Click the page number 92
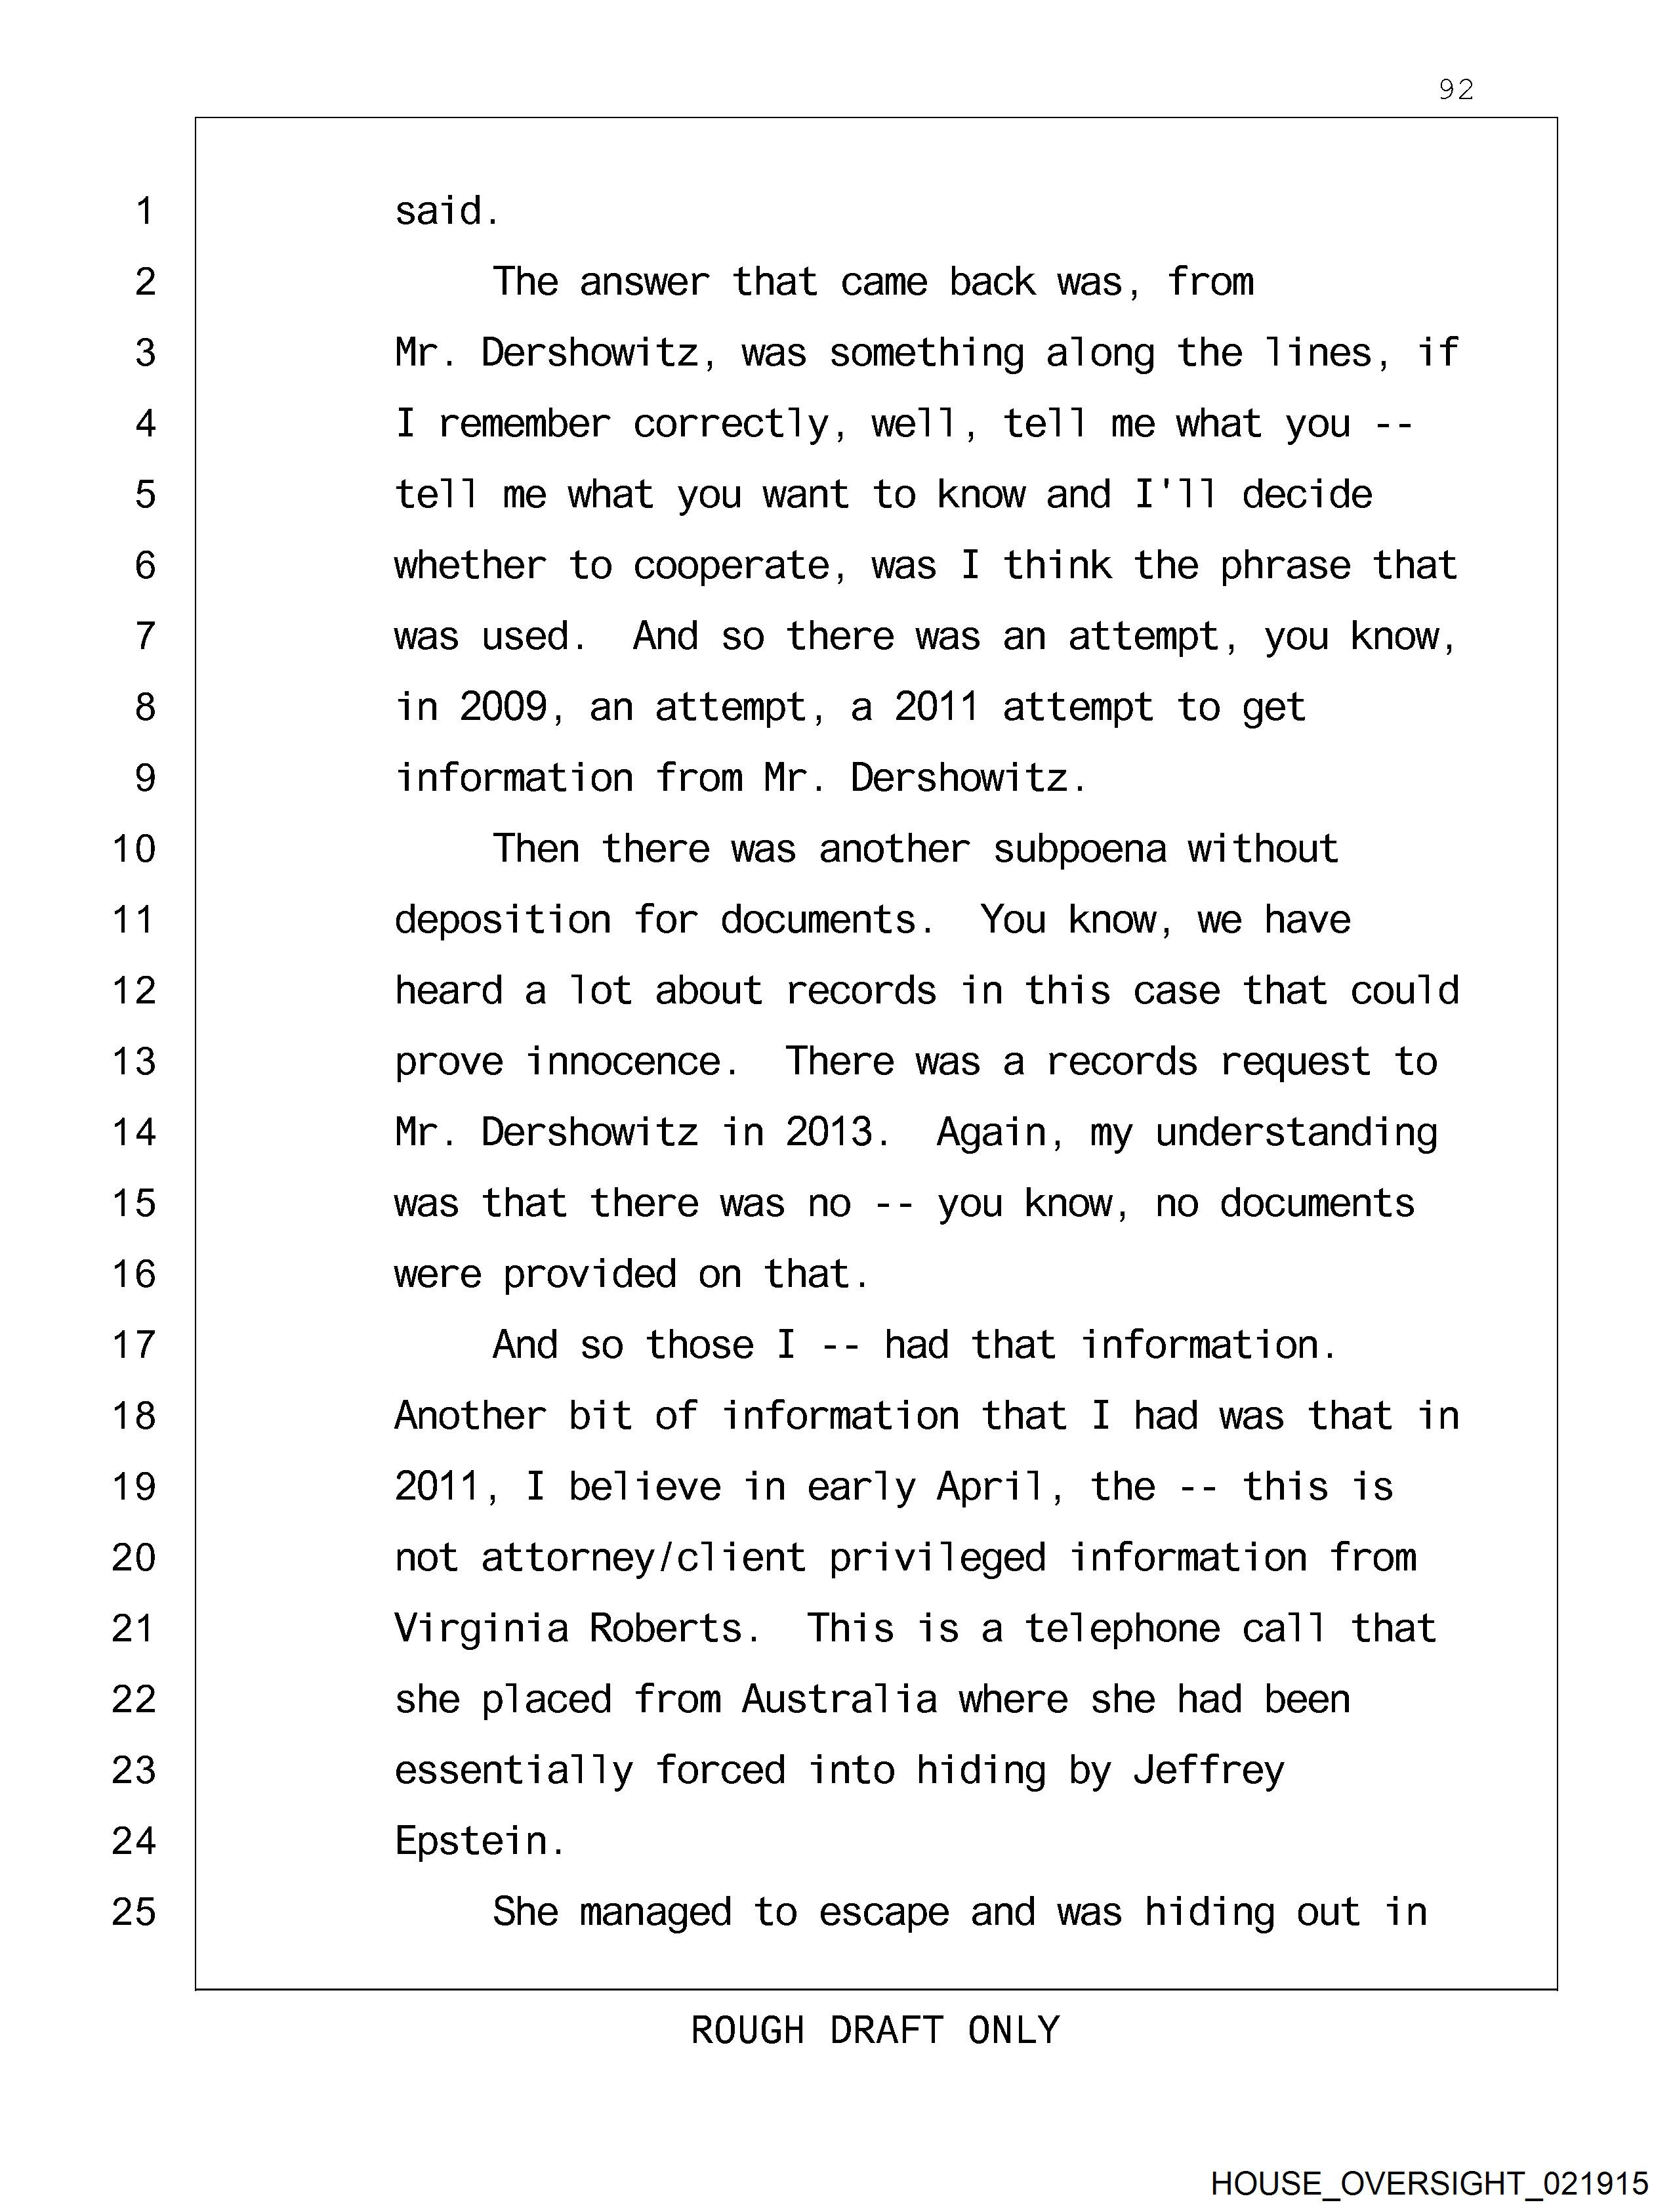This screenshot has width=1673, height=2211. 1455,90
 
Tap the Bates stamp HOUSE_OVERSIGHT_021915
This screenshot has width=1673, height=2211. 1429,2183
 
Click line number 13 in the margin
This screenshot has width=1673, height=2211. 134,1061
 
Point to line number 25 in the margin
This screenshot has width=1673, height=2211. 134,1912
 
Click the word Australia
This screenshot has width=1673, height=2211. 840,1699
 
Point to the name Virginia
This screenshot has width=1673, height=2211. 481,1628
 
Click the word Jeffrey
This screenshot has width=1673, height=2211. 1208,1770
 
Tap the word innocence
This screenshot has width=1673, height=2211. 625,1061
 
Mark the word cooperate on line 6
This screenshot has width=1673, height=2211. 732,566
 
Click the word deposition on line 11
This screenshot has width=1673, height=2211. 503,919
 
